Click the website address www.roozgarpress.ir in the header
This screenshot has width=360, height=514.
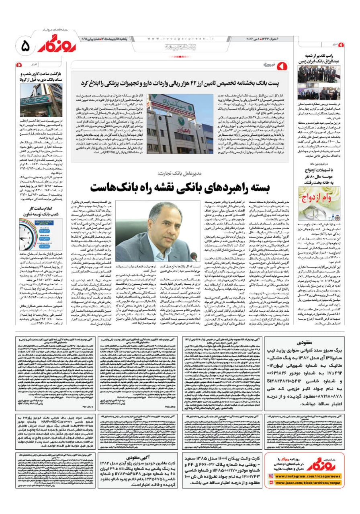click(x=181, y=39)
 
